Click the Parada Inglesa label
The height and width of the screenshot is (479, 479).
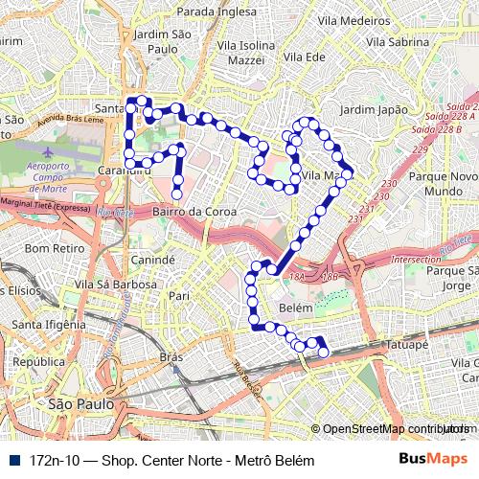pos(217,11)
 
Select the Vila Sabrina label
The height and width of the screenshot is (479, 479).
pos(397,42)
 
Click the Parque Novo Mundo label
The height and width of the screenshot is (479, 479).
pos(444,185)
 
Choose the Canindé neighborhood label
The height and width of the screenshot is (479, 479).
pos(151,260)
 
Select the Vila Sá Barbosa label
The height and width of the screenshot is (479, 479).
pos(114,285)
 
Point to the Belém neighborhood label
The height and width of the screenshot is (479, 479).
pos(294,308)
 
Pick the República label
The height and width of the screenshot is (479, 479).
pos(38,363)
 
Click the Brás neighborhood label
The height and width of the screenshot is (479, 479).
pos(171,357)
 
